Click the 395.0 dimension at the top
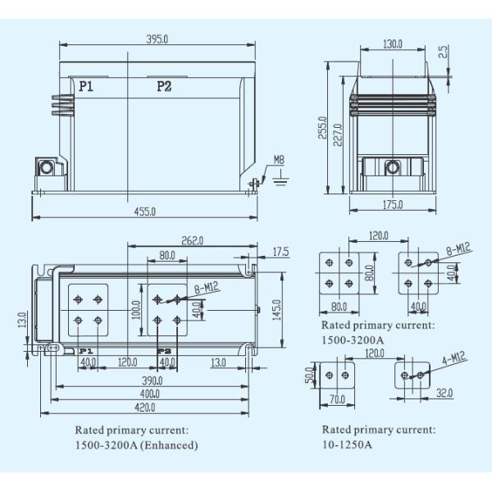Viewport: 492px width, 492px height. coord(157,39)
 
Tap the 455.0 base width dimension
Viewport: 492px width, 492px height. coord(145,212)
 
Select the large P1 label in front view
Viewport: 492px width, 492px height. coord(86,86)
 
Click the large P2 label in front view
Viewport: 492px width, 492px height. coord(164,86)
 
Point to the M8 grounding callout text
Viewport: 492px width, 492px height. coord(279,160)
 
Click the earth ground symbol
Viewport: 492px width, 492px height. coord(280,179)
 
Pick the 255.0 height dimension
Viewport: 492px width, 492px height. coord(322,127)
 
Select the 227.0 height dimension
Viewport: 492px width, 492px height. coord(338,135)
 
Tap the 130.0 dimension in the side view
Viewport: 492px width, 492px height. coord(393,44)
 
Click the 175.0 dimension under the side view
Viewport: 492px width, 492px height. coord(393,204)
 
